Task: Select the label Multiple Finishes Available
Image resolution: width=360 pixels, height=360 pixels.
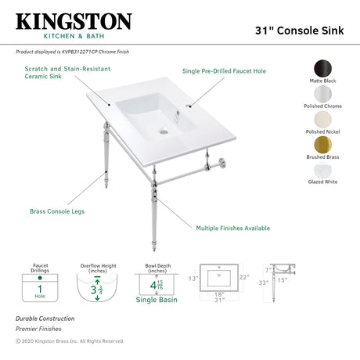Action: click(x=232, y=228)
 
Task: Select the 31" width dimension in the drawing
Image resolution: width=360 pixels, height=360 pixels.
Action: click(x=221, y=300)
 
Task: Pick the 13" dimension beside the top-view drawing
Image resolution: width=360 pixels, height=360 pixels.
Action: click(x=193, y=278)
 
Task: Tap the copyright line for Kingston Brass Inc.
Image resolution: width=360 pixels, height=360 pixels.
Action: click(x=70, y=341)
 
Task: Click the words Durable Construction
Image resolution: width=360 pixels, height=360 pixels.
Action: click(x=45, y=319)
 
